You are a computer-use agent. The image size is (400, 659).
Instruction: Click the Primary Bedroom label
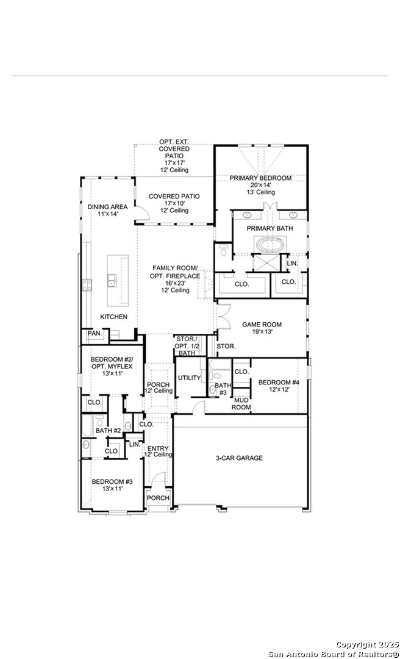[x=260, y=178]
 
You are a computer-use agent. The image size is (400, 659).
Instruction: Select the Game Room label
[x=262, y=325]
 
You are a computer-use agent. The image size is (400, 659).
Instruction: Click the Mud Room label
[x=241, y=404]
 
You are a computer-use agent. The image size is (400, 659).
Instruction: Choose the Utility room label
[x=189, y=378]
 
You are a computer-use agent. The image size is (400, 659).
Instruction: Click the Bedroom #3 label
[x=112, y=481]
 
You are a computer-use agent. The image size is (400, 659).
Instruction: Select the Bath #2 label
[x=109, y=431]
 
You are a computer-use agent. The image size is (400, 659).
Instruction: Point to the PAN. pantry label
[x=95, y=333]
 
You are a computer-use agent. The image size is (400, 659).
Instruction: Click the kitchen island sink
[x=112, y=280]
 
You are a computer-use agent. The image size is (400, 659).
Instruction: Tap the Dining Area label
[x=107, y=207]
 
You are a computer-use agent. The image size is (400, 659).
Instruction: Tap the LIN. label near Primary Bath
[x=292, y=263]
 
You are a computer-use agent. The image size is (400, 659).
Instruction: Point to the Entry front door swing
[x=159, y=479]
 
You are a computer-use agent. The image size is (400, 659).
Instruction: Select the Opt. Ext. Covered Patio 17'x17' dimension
[x=174, y=163]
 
